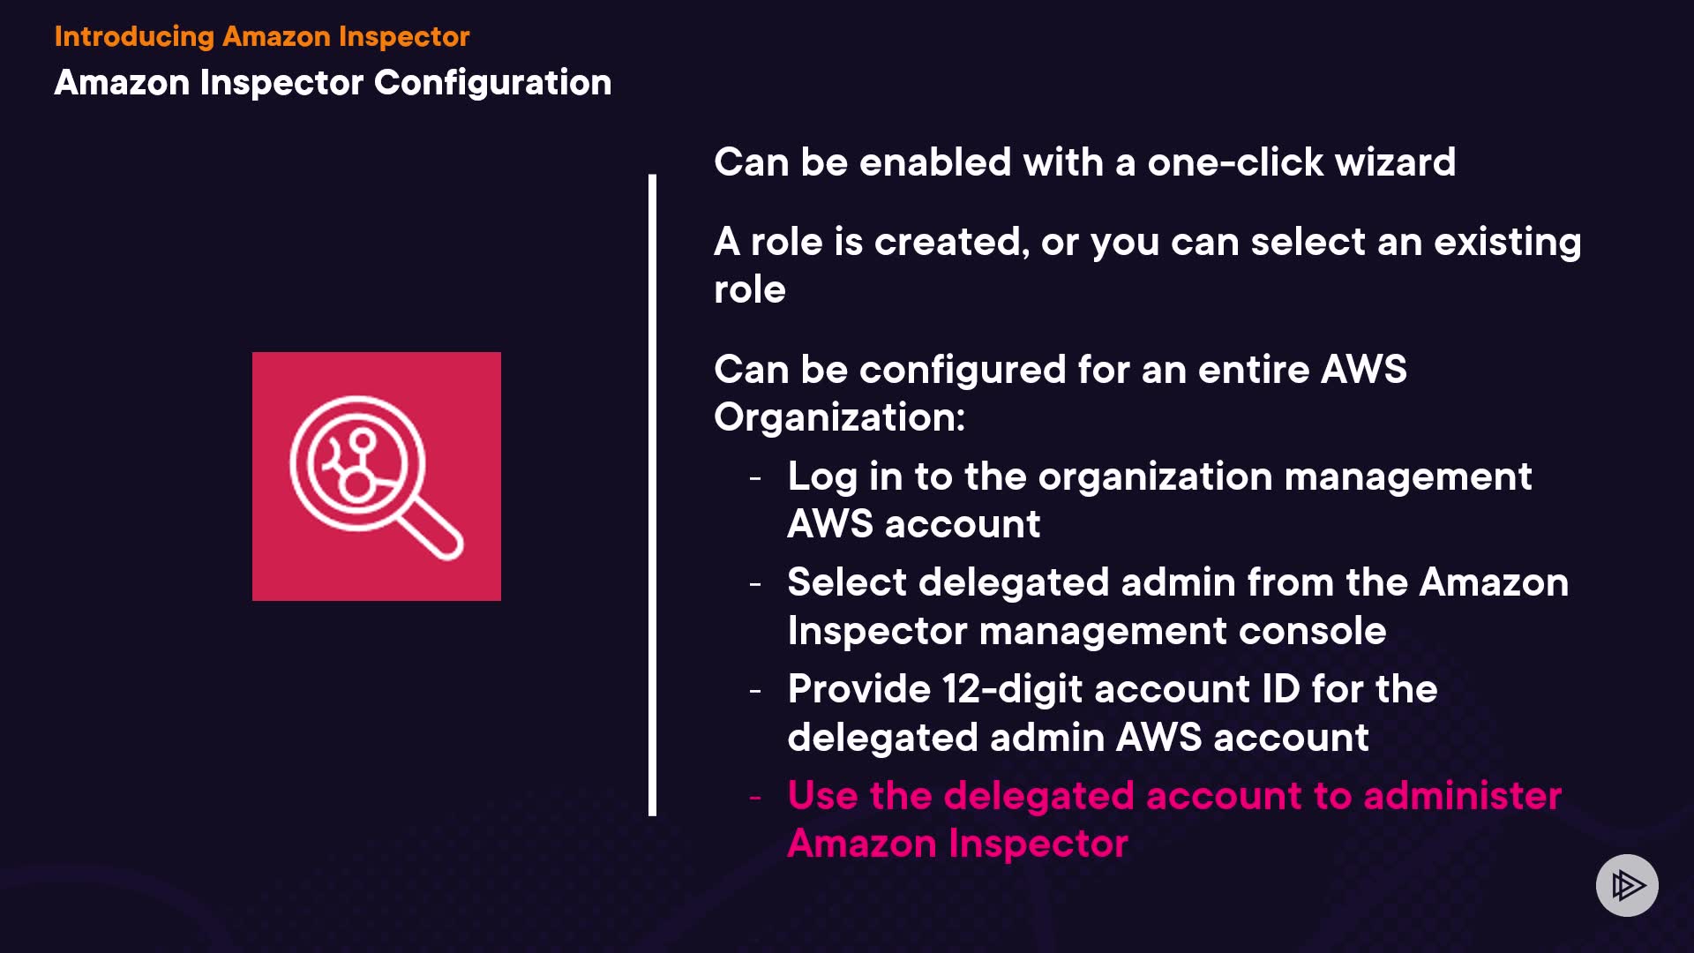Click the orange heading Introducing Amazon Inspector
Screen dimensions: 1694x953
(261, 36)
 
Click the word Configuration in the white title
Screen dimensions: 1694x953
(492, 83)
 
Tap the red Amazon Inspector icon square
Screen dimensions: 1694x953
(377, 476)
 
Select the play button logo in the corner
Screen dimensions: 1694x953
(1627, 885)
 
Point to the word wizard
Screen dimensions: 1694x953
(1395, 163)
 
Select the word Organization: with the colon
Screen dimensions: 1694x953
(839, 417)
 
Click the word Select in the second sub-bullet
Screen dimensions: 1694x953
(847, 583)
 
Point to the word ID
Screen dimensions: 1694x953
(1280, 689)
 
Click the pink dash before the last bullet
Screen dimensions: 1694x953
(755, 798)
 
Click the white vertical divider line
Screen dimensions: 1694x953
(652, 494)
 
